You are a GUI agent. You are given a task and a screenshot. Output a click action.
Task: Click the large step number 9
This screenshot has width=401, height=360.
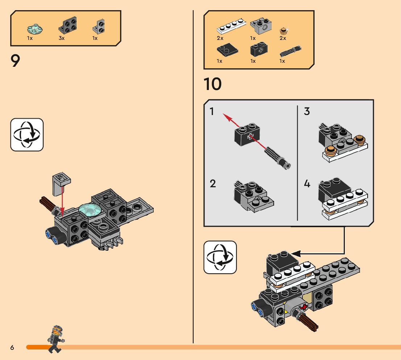click(x=15, y=61)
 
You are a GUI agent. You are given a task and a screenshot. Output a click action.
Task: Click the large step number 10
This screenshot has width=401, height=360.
click(x=212, y=84)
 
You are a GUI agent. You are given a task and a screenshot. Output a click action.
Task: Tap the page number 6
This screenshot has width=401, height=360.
click(x=12, y=348)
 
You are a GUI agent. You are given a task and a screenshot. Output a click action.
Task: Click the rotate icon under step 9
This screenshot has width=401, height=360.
click(x=27, y=135)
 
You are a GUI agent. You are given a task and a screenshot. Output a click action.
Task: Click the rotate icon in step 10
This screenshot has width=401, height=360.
click(x=220, y=257)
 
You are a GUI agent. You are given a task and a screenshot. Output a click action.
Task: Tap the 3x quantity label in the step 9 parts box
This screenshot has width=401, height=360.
click(x=62, y=38)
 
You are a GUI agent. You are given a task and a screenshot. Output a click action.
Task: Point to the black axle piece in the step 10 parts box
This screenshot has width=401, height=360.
click(x=291, y=51)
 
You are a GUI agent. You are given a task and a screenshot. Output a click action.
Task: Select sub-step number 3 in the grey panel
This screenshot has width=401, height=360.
click(x=307, y=111)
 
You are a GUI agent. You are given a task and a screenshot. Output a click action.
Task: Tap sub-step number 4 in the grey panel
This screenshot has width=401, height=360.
click(x=307, y=184)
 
